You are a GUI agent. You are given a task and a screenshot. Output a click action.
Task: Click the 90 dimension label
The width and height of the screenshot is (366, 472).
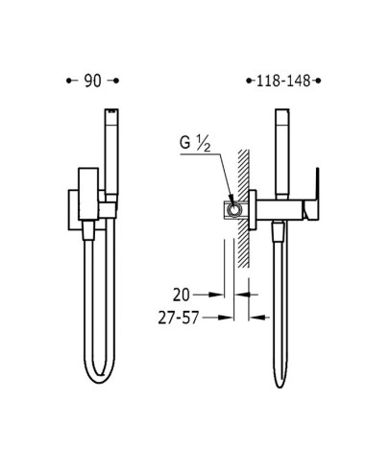tap(92, 81)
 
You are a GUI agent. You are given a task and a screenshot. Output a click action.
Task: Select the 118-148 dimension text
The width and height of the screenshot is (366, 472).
tap(283, 81)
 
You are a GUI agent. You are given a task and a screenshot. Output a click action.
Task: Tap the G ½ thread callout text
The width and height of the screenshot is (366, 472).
tap(195, 144)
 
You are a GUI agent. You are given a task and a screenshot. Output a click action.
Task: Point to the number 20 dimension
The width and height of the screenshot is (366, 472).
tap(182, 295)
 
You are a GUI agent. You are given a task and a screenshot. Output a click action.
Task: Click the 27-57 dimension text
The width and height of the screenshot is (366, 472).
tap(179, 319)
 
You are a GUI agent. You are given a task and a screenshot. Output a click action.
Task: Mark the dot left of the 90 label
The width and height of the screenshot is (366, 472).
tap(68, 81)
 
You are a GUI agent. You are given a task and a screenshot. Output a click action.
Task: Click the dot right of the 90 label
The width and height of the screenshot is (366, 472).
tap(116, 81)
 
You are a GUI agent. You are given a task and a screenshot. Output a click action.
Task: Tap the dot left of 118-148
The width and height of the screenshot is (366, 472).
tap(249, 81)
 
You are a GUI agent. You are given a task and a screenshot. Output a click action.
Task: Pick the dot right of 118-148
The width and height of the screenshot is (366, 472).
tap(318, 81)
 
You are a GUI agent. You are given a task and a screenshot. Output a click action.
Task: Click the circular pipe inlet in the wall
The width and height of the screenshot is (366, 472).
tap(234, 209)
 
